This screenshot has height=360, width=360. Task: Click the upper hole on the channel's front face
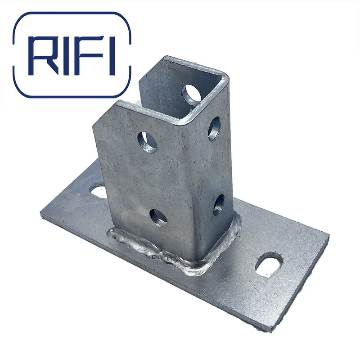(x=147, y=142)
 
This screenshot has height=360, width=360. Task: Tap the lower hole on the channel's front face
(x=158, y=218)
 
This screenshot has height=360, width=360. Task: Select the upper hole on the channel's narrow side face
(x=214, y=129)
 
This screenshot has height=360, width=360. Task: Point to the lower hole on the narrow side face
(x=219, y=205)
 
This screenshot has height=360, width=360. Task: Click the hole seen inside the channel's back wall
(x=192, y=93)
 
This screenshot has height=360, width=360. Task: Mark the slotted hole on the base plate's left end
(x=98, y=190)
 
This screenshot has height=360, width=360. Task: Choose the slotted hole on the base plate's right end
(x=269, y=265)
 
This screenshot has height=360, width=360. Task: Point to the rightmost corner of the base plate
(x=328, y=238)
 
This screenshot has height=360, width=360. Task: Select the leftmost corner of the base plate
(x=41, y=215)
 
